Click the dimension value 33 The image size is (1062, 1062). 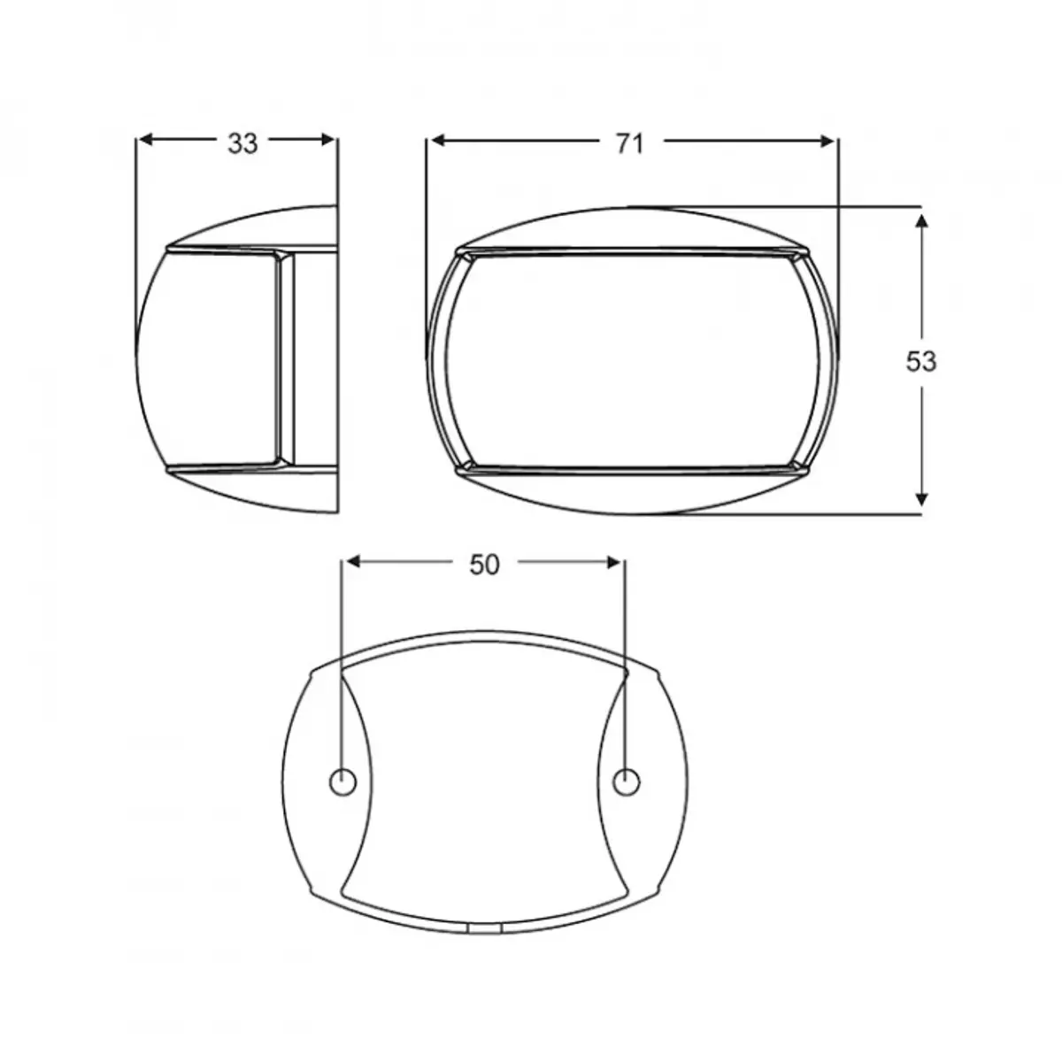click(242, 143)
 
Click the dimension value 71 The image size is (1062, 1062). click(628, 143)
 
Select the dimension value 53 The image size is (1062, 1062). click(921, 361)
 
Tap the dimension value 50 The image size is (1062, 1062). click(484, 565)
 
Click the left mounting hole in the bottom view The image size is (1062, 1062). click(342, 782)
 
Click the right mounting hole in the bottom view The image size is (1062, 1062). click(626, 782)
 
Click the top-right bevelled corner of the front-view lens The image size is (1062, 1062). click(800, 256)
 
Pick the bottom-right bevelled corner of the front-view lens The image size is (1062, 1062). click(800, 465)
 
